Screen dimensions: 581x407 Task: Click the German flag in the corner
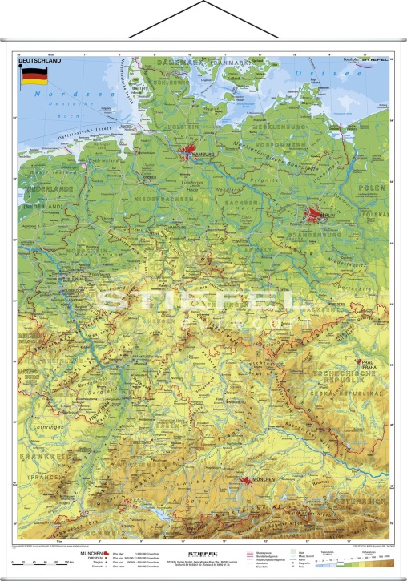click(33, 78)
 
